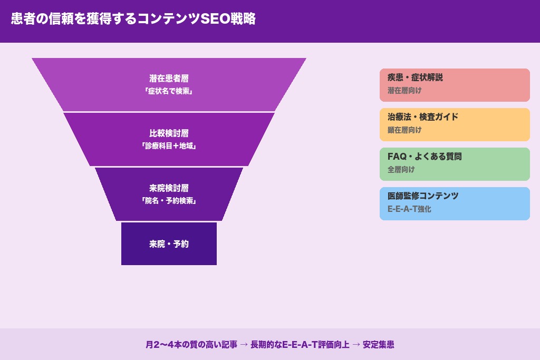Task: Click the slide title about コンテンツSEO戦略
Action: (133, 19)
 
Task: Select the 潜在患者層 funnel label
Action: (169, 79)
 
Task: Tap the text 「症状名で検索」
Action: (169, 91)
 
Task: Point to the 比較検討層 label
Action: (169, 133)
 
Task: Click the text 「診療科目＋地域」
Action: (169, 146)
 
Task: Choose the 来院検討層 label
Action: (169, 188)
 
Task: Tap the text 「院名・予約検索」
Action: (169, 201)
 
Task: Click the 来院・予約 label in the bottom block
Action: (169, 244)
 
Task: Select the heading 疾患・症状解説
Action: (415, 77)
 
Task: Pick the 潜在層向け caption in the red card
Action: (404, 91)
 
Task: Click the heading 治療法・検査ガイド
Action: (423, 117)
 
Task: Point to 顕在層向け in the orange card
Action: (404, 130)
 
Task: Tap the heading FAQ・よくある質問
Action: (425, 157)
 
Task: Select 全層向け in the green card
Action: (401, 170)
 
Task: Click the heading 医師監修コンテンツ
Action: (423, 196)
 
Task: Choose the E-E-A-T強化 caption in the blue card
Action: (409, 209)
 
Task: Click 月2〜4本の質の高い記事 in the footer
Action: (191, 345)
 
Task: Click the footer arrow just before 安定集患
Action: (356, 345)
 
